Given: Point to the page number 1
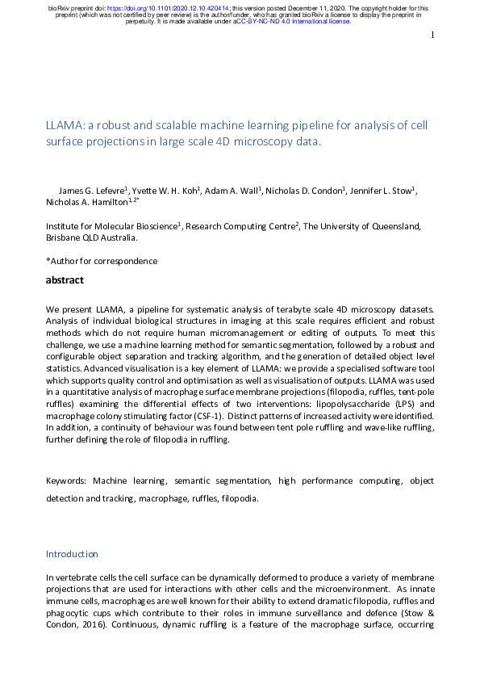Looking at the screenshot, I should [x=432, y=35].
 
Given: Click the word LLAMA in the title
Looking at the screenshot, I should [x=64, y=125].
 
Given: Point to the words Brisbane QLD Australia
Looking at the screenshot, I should [x=91, y=239].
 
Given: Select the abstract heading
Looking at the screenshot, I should [x=65, y=280].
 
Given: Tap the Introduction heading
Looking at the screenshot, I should [x=72, y=554].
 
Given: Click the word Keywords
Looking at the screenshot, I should [x=65, y=481].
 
